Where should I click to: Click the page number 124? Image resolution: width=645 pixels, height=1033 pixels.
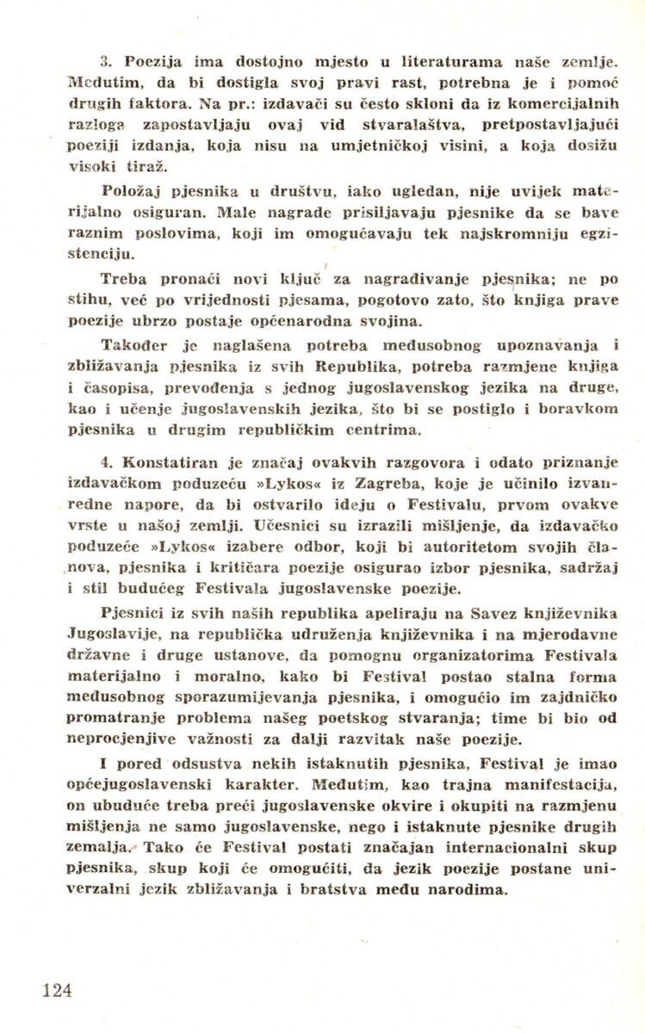coord(57,990)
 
